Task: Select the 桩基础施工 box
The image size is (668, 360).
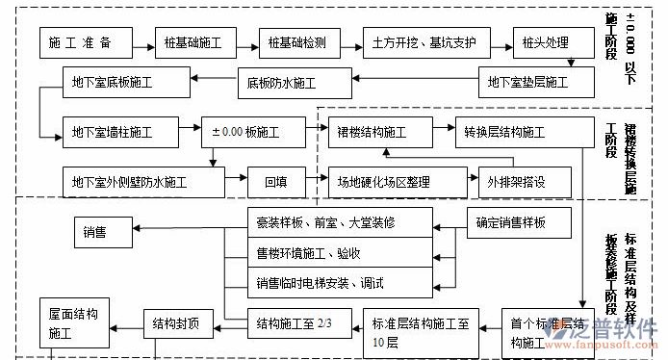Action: tap(193, 43)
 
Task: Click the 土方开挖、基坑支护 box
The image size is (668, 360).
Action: tap(425, 43)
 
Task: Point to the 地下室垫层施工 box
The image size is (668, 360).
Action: tap(529, 82)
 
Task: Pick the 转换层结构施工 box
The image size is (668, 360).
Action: tap(504, 130)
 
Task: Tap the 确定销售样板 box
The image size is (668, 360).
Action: tap(511, 223)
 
